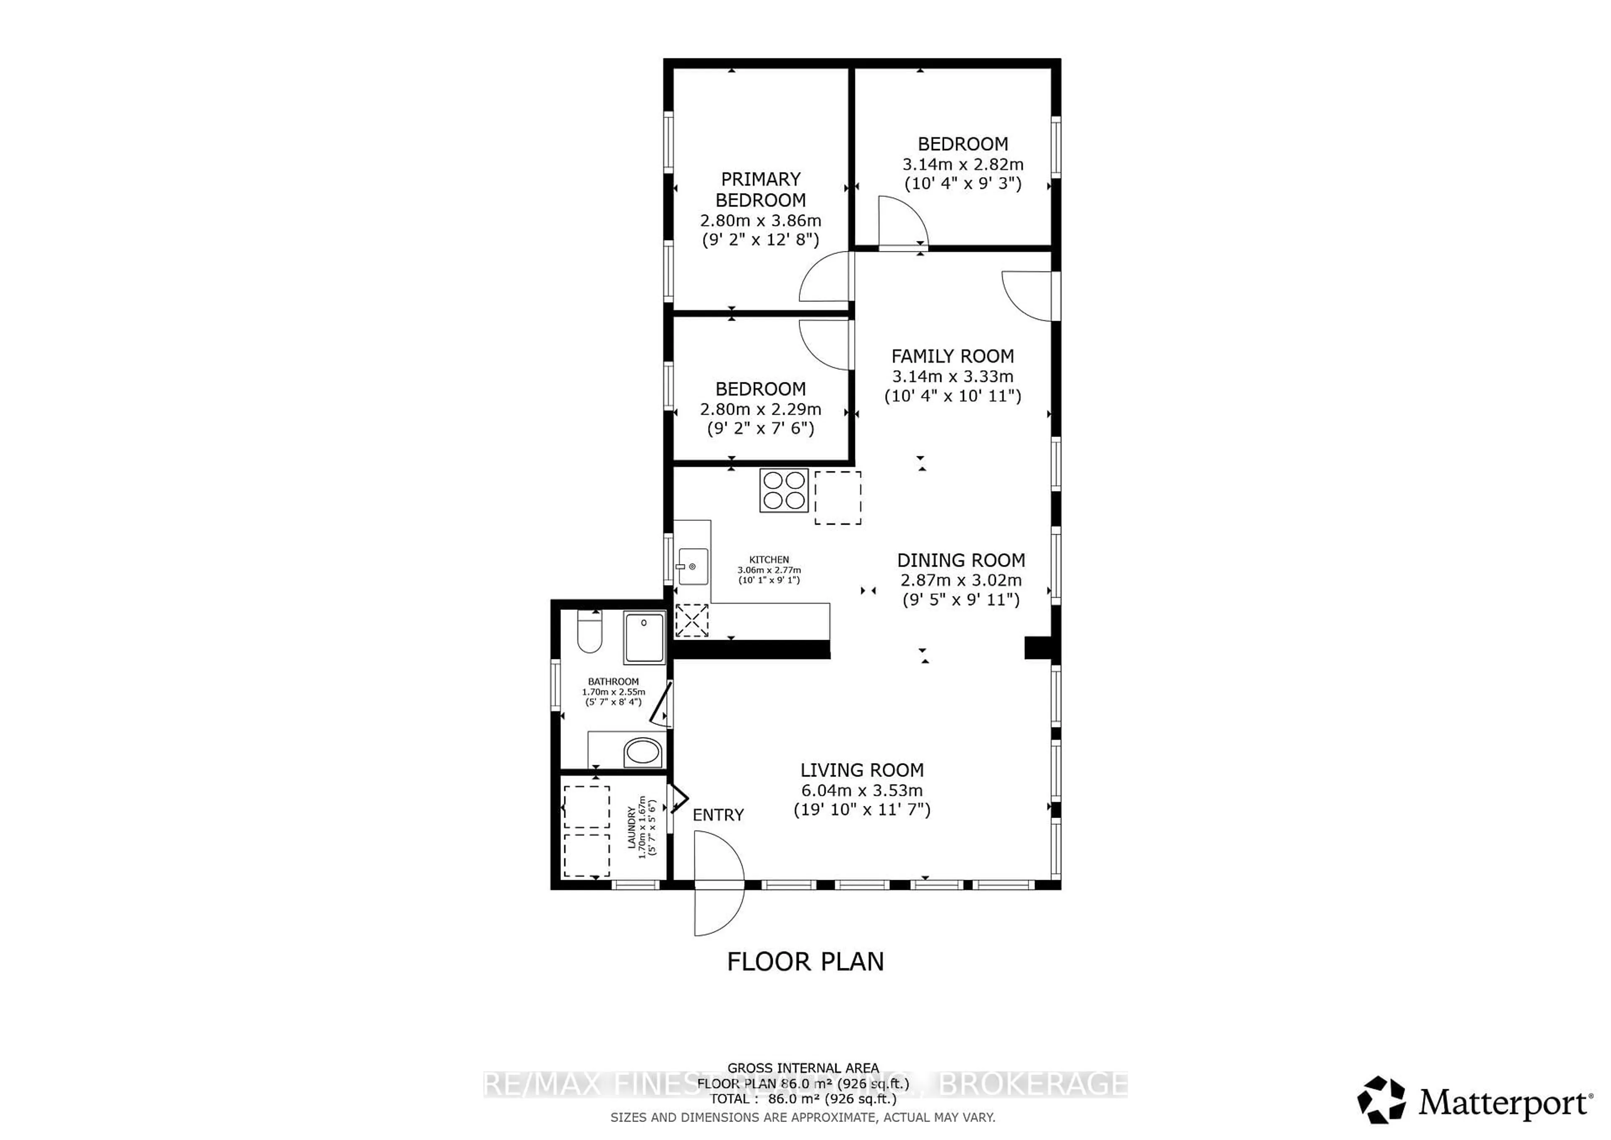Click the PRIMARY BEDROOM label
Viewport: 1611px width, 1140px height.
coord(761,190)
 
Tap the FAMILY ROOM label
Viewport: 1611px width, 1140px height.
coord(952,357)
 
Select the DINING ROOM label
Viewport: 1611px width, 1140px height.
coord(961,560)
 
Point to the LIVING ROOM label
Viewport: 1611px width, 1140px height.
coord(862,770)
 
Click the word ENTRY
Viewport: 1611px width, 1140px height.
coord(718,815)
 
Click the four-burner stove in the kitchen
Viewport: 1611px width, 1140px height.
coord(784,490)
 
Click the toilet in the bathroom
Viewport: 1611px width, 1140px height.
coord(589,631)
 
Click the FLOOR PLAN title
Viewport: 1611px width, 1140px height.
coord(805,962)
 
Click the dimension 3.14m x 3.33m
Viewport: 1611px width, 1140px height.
coord(952,376)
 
